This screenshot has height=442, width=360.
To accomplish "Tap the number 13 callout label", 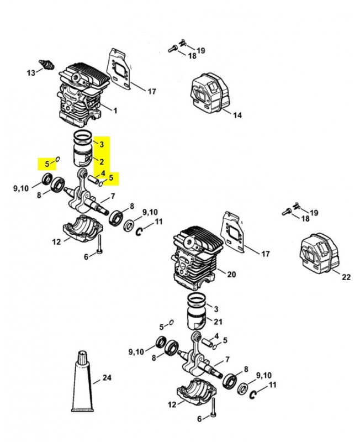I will pos(31,73).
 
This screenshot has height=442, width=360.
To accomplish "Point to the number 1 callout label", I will pos(115,110).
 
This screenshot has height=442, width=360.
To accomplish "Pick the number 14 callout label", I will pos(237,115).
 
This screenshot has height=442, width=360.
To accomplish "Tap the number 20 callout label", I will pos(231,274).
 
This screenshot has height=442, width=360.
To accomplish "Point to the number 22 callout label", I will pos(346,277).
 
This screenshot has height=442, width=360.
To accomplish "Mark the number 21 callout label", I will pos(218,322).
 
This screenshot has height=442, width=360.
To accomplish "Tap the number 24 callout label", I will pos(107,378).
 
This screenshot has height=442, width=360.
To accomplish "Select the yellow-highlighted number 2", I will pos(102,161).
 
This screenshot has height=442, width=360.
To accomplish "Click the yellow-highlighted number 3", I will pos(102,144).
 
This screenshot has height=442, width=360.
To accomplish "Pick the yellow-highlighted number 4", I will pos(103,173).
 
